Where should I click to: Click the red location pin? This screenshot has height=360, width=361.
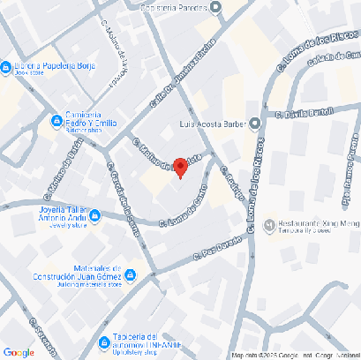[179, 166]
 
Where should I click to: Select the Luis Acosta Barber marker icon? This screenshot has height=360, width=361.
[254, 124]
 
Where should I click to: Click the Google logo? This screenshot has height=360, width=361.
[19, 352]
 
